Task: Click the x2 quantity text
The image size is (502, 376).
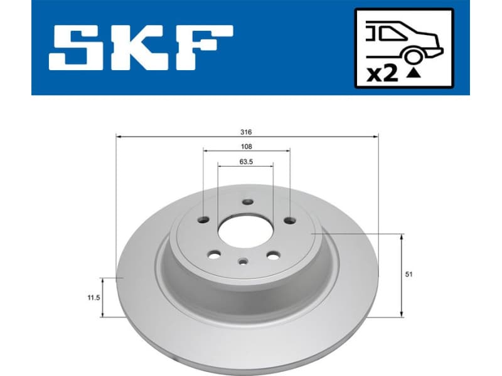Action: (x=382, y=75)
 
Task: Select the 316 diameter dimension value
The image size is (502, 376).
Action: (x=247, y=132)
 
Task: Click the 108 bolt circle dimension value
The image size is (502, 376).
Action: (x=247, y=146)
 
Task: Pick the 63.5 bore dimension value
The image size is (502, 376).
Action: (x=246, y=161)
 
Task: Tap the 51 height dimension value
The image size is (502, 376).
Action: (x=409, y=274)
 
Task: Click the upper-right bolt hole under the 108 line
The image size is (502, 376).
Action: (x=289, y=220)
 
